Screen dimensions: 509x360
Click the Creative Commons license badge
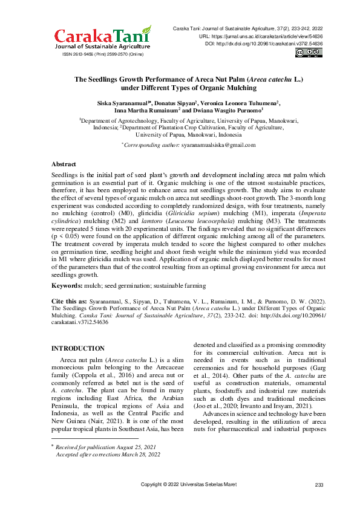[309, 53]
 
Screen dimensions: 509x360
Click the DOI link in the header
[270, 44]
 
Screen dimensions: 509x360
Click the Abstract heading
[64, 164]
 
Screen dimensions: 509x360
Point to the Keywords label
[68, 285]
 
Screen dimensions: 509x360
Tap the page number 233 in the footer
[319, 485]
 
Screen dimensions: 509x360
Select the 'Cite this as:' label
[68, 300]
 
